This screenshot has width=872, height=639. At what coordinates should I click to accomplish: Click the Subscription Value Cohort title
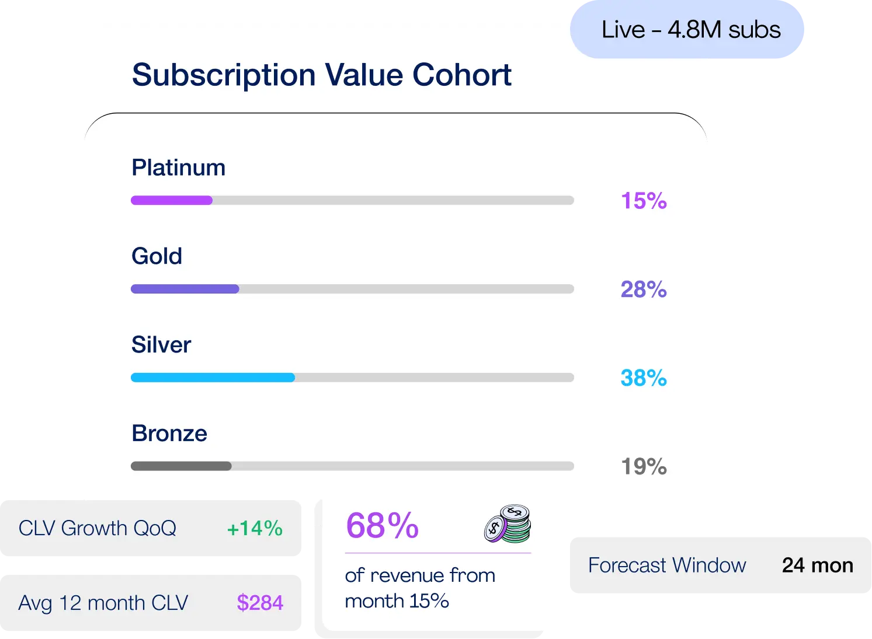tap(321, 75)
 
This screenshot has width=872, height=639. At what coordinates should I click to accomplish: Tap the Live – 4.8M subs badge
tap(690, 30)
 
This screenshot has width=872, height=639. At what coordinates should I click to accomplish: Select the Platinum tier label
tap(178, 168)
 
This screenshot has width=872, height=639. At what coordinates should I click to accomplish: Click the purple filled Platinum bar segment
tap(171, 201)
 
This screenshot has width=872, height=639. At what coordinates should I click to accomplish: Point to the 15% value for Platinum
tap(644, 201)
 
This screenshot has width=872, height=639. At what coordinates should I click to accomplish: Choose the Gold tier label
tap(157, 256)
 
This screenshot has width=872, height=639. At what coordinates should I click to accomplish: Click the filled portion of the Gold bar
tap(185, 289)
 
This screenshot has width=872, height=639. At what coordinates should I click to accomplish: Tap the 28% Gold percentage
tap(644, 290)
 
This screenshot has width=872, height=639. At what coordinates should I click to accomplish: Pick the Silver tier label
tap(161, 345)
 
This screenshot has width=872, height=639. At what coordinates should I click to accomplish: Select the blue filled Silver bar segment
tap(213, 378)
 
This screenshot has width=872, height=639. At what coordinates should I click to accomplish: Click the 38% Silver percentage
tap(644, 379)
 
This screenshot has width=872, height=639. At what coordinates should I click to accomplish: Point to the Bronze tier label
tap(169, 434)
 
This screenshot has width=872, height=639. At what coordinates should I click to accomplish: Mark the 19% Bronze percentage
tap(644, 467)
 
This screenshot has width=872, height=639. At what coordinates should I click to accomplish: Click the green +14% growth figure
tap(255, 529)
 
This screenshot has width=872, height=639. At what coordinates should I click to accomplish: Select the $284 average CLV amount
tap(260, 603)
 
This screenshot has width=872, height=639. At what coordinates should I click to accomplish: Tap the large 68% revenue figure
tap(382, 526)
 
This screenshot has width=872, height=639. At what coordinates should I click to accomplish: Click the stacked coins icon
tap(508, 524)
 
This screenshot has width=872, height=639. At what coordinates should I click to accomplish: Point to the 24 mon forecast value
tap(817, 565)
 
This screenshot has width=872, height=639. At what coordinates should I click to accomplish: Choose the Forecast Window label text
tap(667, 565)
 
